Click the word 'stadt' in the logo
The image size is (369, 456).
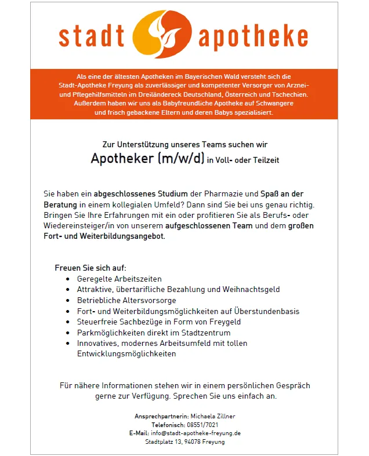(x=91, y=35)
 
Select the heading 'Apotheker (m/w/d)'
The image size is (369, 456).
(x=148, y=159)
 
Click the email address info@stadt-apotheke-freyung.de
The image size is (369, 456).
(x=196, y=433)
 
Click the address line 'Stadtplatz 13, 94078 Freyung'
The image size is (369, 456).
(x=184, y=442)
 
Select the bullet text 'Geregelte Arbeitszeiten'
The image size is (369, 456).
(x=120, y=279)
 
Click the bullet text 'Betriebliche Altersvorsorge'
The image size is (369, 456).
(x=126, y=300)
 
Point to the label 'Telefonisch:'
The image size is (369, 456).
(x=168, y=425)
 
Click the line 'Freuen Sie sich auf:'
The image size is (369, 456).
(x=91, y=268)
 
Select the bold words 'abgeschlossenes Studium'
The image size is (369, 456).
(x=129, y=195)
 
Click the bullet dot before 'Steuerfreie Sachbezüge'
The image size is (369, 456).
(x=69, y=322)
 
